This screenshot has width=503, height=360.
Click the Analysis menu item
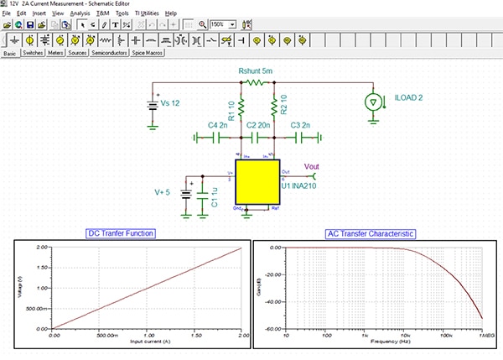[80, 14]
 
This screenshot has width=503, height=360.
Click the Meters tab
[57, 52]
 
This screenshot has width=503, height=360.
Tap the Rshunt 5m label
[256, 71]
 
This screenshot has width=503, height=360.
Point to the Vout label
[311, 165]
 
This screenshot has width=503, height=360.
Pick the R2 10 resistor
[274, 107]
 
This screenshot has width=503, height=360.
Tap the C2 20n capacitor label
[257, 124]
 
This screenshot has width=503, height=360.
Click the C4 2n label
[218, 124]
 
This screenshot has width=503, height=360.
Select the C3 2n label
[301, 124]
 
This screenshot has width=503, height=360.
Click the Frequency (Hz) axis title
[383, 342]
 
